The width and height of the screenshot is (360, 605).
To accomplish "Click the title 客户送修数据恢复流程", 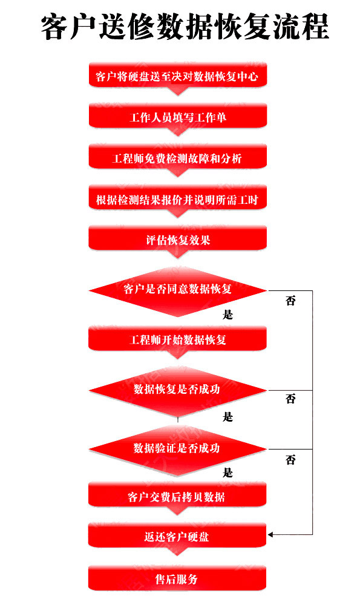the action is point(185,27).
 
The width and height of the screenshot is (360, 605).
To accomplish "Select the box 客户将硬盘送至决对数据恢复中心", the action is point(178,75).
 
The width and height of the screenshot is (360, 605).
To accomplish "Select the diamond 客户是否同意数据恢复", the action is point(178,290).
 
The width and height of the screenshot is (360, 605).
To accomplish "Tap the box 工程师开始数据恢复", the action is point(178,339).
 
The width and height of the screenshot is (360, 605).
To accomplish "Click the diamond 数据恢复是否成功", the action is point(178,390).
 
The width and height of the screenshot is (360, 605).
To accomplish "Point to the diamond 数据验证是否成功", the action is point(178,449).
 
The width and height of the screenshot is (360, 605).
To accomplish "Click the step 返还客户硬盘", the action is point(177,535).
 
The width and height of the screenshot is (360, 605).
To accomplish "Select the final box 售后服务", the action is point(177,578).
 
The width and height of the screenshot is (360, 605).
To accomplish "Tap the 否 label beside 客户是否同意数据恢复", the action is point(290,301).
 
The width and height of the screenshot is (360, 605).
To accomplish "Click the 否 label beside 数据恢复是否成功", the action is point(290,399).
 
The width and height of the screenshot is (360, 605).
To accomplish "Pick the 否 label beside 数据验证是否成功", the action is point(290,460).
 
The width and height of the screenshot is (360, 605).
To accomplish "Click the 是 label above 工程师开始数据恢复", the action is point(227,315).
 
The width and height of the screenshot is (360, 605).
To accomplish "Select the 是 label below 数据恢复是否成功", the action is point(227,417).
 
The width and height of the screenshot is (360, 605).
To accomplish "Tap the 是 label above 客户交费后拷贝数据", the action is point(227,473).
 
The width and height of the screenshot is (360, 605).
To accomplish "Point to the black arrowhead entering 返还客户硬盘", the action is point(270,534).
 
